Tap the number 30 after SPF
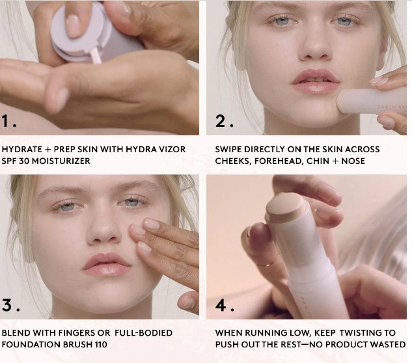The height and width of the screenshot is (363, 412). tap(27, 160)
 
